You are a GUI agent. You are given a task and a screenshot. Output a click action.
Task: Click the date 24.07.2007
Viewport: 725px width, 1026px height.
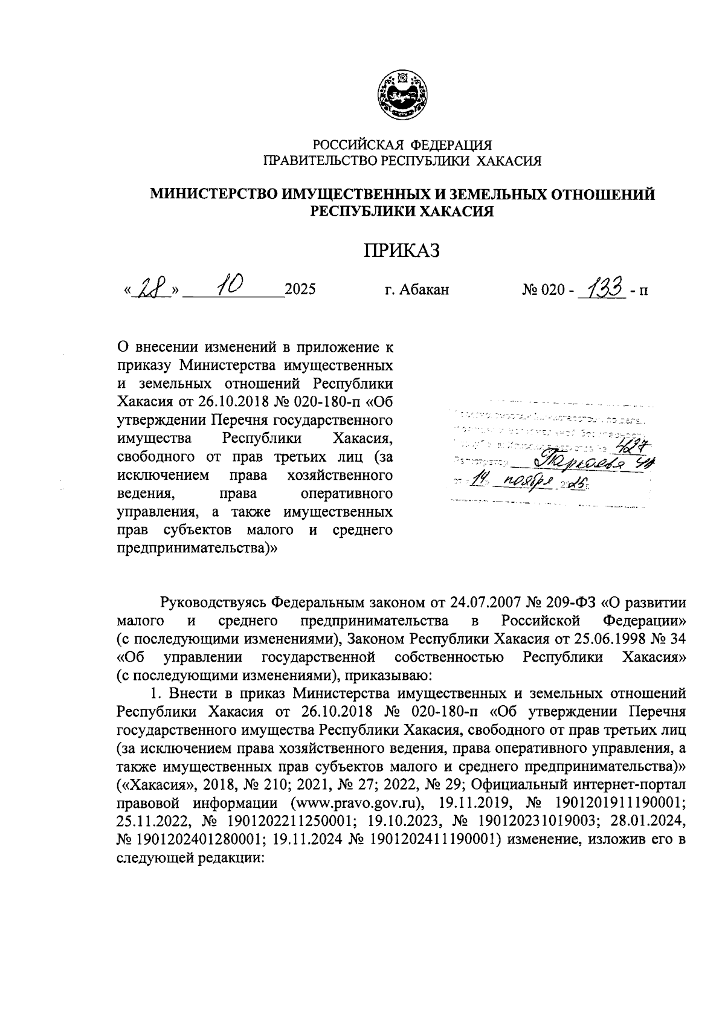pos(483,604)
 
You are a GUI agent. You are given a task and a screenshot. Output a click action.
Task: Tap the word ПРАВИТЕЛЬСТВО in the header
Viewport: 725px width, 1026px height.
pos(318,161)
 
